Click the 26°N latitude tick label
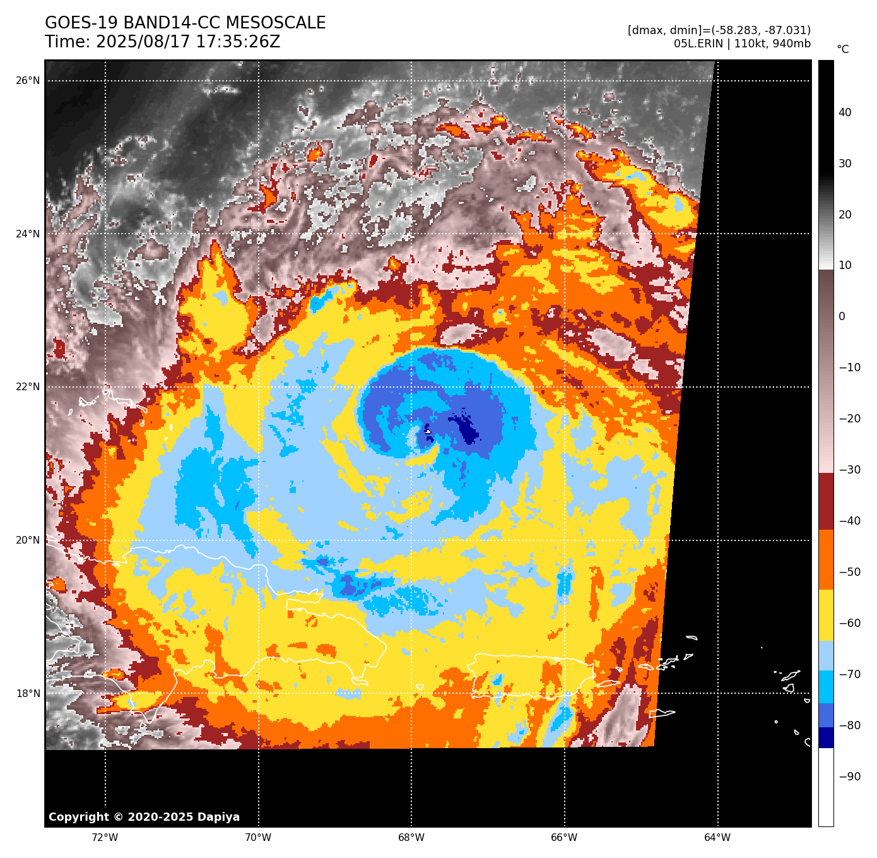(28, 81)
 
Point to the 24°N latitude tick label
(28, 234)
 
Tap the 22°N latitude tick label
(28, 387)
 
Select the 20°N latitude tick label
(28, 540)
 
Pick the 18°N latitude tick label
(28, 694)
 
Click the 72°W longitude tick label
(105, 838)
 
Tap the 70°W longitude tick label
(258, 838)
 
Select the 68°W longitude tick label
(411, 838)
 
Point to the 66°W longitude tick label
(564, 838)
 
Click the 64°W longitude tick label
(717, 838)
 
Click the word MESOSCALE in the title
(276, 23)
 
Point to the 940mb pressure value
(792, 44)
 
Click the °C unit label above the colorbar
(843, 49)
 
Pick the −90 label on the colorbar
(849, 777)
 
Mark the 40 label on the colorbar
(845, 112)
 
